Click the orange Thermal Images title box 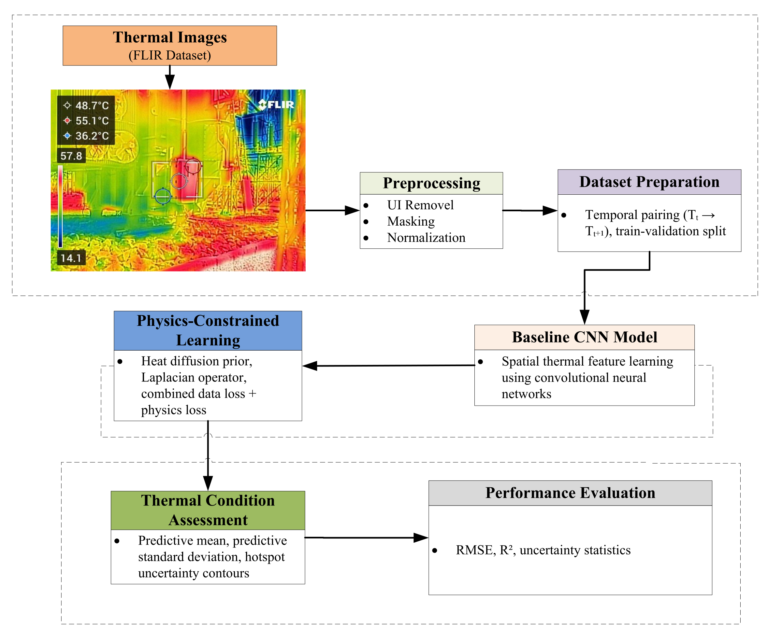[169, 46]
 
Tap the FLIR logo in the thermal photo [276, 104]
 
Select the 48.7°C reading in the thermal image [92, 106]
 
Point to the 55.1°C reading [92, 121]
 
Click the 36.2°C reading [92, 136]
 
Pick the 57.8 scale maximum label [71, 156]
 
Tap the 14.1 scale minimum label [71, 258]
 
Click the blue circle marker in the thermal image [163, 196]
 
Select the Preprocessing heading [431, 183]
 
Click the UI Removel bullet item [420, 205]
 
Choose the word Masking [411, 222]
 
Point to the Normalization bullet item [426, 238]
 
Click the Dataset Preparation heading [649, 182]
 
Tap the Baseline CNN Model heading [585, 337]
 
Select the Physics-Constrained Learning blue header [208, 331]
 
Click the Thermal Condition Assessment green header [208, 511]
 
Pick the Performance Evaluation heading [570, 493]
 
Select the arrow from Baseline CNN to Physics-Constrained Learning [389, 366]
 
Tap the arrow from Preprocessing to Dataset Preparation [530, 211]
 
